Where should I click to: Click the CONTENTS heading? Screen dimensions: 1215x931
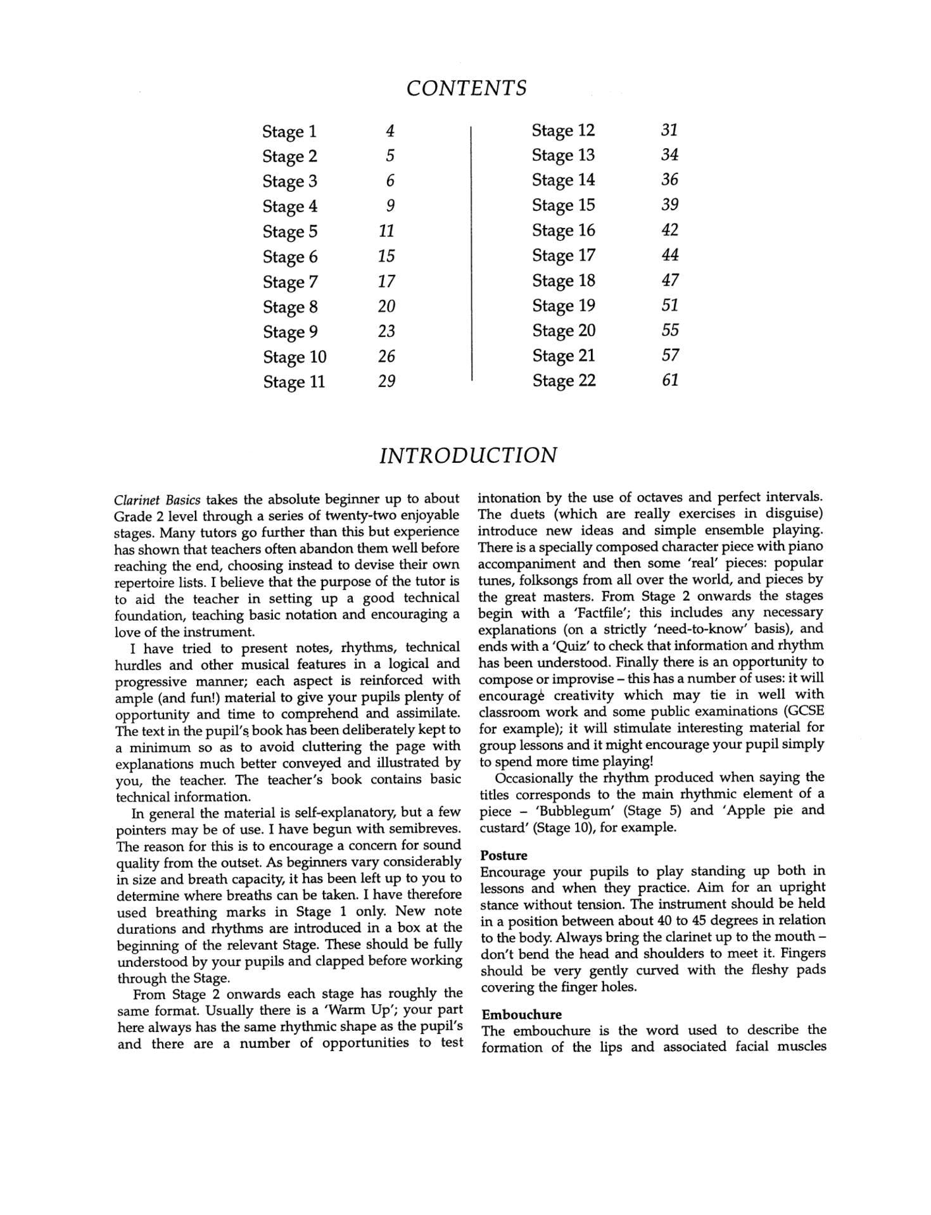click(x=466, y=88)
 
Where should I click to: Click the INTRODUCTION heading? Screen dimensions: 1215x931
click(x=468, y=455)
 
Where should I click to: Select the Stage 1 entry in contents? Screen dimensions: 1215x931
click(x=289, y=132)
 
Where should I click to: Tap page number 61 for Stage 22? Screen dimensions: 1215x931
click(x=670, y=380)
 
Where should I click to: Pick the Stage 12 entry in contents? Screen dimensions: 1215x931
click(x=563, y=130)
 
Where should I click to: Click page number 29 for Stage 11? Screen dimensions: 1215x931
click(x=386, y=381)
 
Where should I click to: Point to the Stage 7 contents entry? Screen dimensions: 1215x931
click(x=290, y=282)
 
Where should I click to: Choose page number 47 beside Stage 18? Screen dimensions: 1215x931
click(x=670, y=280)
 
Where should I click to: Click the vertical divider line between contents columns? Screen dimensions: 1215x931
click(x=472, y=253)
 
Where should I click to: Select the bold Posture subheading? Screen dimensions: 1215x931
click(x=503, y=855)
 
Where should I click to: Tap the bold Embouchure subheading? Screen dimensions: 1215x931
click(x=521, y=1014)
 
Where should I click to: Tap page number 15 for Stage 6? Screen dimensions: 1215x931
click(x=386, y=256)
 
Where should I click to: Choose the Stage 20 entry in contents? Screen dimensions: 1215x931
click(x=564, y=331)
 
